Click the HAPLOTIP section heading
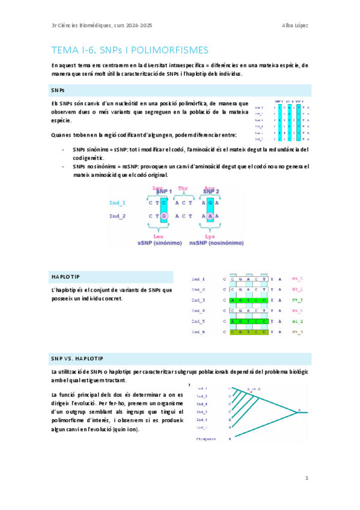point(66,276)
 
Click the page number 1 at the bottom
point(307,479)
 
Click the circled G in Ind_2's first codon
point(165,215)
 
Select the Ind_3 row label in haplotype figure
point(198,300)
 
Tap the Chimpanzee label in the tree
point(206,439)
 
